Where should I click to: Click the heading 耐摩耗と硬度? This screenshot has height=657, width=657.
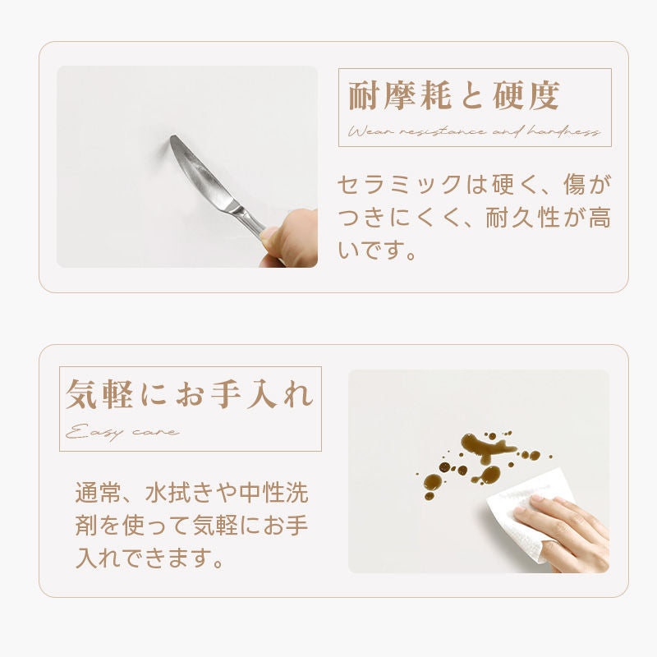pos(454,96)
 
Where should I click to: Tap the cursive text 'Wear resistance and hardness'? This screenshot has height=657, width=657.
pos(474,132)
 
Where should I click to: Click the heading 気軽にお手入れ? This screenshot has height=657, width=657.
pos(190,394)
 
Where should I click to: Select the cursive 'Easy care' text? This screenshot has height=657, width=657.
pos(122,433)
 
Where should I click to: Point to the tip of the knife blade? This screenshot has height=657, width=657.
pos(172,137)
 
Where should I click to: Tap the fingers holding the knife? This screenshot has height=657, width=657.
pos(288,239)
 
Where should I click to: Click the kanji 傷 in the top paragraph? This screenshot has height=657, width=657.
pos(574,184)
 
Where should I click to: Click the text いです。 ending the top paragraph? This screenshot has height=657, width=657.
pos(376,250)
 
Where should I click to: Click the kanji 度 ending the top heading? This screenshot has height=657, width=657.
pos(544,96)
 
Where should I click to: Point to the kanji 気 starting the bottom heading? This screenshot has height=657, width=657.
pos(81,394)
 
